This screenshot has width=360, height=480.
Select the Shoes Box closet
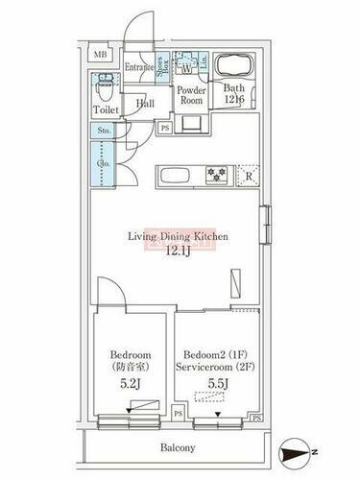[164, 67]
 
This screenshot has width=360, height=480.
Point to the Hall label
[145, 103]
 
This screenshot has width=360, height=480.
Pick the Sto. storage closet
[105, 131]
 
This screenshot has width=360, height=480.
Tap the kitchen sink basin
[174, 176]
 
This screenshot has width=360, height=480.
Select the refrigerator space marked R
[249, 175]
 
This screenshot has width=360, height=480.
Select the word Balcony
[177, 447]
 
